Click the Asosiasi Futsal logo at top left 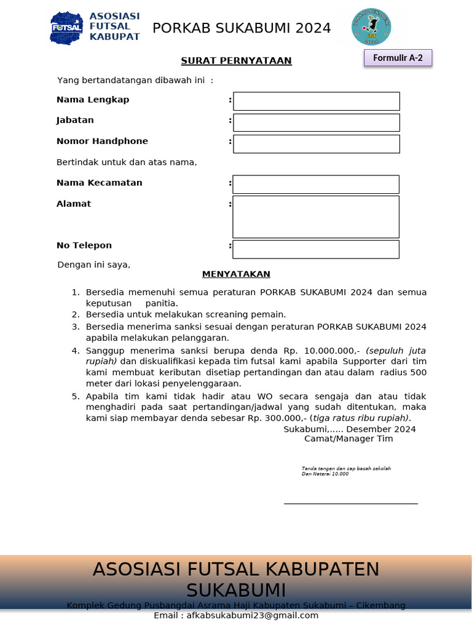[95, 27]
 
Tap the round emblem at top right [371, 27]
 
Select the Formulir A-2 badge [398, 58]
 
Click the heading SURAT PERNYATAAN [236, 60]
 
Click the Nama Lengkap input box [316, 101]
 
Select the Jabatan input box [316, 122]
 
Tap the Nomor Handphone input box [316, 144]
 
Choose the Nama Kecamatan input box [315, 185]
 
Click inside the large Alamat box [315, 217]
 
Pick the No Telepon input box [315, 249]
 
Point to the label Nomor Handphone [102, 141]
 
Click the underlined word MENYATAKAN [236, 274]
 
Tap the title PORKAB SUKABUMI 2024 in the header [242, 28]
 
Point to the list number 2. [76, 314]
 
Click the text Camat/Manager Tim [348, 439]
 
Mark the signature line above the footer [350, 503]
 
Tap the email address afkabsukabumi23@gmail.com [253, 616]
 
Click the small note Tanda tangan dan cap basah [346, 469]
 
